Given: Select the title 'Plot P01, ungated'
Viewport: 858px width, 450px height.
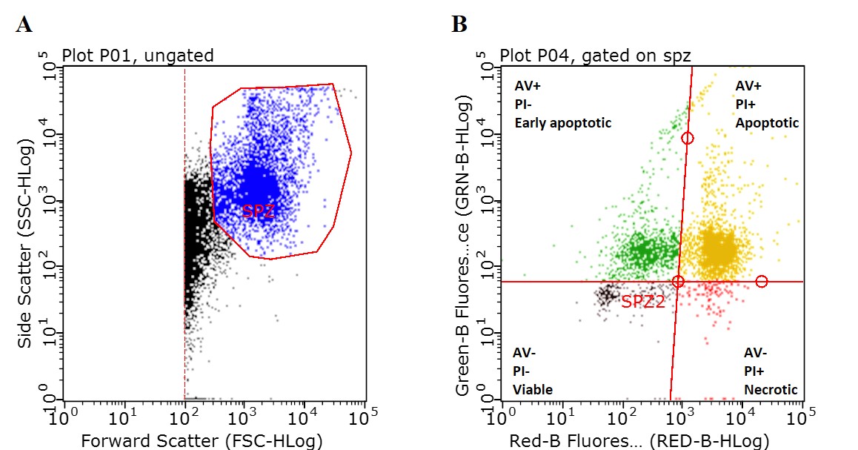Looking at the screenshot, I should point(138,55).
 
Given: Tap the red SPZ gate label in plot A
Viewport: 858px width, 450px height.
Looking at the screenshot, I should point(259,211).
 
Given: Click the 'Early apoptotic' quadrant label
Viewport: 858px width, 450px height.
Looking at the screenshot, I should point(563,122).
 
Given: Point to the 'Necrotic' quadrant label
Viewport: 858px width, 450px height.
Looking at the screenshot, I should point(771,389).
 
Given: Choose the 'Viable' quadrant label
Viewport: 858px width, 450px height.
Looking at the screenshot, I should point(533,389).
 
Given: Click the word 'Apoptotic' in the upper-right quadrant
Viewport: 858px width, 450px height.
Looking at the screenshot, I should point(767,122).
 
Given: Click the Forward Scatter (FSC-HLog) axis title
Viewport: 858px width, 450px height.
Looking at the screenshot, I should point(202,441).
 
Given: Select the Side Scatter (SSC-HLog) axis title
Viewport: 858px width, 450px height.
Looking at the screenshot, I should point(26,236).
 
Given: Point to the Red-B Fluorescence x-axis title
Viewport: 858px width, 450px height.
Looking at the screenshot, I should point(639,441).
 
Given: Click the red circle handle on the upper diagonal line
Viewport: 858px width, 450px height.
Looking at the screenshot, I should point(688,138).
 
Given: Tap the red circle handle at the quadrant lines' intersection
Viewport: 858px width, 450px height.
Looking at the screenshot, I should point(678,282).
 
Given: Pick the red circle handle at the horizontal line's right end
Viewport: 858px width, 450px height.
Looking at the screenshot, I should point(762,282).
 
